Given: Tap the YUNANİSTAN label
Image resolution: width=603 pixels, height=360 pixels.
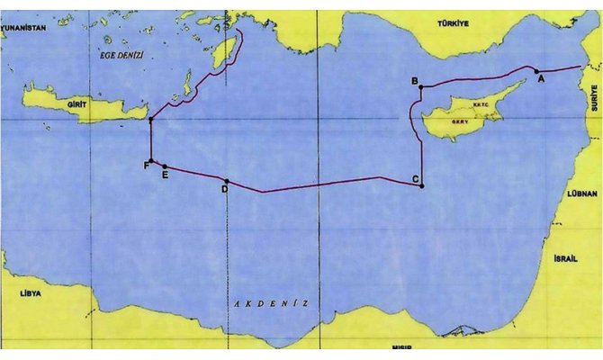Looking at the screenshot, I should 22,29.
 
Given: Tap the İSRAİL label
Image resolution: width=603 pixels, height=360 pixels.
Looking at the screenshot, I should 556,257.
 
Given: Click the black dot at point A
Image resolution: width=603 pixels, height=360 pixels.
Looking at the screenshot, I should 536,70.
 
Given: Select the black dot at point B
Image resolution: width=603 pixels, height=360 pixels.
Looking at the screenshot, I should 421,87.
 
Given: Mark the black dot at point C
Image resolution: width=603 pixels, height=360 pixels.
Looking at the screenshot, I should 421,186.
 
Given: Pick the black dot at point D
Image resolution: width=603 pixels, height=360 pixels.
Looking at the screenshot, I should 226,181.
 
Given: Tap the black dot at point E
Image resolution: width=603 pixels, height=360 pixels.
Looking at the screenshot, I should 164,166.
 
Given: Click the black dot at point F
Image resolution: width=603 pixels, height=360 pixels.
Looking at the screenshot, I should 151,161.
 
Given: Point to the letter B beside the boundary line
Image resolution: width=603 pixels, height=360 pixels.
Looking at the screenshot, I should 414,82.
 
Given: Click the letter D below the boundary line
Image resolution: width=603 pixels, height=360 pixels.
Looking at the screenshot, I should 224,190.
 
